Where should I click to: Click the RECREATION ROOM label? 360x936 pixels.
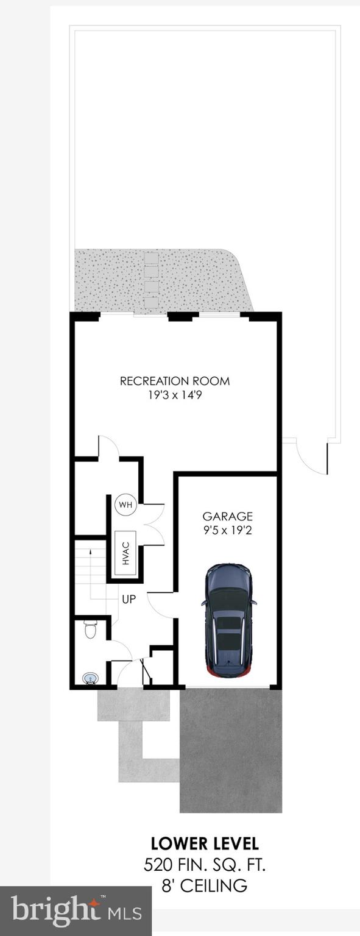pos(175,381)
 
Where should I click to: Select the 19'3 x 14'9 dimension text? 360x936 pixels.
pos(175,395)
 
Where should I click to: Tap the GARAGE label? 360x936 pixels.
pos(227,516)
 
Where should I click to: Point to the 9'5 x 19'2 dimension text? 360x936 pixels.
pos(227,530)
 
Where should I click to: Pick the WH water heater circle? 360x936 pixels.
pos(125,505)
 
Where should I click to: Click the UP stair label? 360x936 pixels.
pos(129,599)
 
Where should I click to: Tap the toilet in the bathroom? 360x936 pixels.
pos(90,628)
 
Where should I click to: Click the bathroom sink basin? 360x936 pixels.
pos(90,678)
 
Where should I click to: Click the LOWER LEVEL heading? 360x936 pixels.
pos(205,844)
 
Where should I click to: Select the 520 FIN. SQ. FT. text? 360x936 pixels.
pos(205,864)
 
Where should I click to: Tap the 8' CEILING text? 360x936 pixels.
pos(205,885)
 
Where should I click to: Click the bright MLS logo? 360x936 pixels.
pos(76,911)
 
